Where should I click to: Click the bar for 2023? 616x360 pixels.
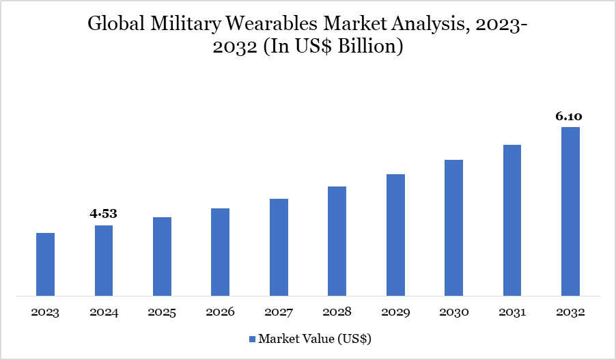[45, 264]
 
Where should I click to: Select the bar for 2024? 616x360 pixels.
[104, 261]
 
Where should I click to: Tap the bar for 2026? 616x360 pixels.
[220, 252]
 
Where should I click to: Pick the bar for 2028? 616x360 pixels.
[337, 241]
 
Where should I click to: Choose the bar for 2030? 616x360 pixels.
[453, 228]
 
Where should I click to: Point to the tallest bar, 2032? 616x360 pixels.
[570, 212]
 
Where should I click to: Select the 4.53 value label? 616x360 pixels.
[104, 214]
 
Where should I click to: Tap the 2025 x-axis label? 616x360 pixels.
[162, 313]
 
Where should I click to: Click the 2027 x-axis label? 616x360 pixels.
[279, 313]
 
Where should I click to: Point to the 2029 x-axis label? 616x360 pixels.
[395, 313]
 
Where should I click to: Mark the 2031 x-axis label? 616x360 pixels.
[512, 313]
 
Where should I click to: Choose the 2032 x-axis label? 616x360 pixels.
[570, 313]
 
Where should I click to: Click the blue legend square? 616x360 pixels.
[251, 339]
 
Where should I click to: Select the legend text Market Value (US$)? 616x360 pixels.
[314, 339]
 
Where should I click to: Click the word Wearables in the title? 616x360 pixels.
[271, 25]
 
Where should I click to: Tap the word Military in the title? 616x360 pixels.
[178, 25]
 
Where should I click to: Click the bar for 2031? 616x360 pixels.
[512, 221]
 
